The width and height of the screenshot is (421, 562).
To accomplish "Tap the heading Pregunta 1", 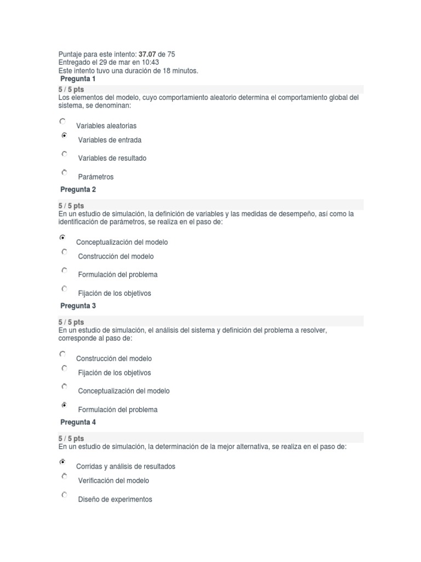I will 78,79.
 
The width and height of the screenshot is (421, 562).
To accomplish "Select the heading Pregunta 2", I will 78,189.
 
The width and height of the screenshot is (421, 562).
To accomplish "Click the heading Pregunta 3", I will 78,306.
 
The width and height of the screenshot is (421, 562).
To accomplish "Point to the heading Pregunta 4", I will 78,422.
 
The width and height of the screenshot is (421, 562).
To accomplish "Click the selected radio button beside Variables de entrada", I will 64,136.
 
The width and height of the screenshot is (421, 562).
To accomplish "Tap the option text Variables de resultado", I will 112,158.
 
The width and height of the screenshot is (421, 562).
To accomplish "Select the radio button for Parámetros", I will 64,172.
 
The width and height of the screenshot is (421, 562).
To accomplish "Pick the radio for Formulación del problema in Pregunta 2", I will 64,270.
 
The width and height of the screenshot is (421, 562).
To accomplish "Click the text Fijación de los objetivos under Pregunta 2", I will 114,293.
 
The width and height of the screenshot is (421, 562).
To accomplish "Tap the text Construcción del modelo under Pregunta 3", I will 113,358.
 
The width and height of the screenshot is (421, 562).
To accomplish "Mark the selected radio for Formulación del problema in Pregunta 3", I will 64,405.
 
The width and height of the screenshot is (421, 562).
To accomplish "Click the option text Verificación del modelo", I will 113,481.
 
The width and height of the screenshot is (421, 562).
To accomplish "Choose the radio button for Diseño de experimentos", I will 64,495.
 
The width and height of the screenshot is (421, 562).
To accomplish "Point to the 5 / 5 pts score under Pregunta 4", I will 71,439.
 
